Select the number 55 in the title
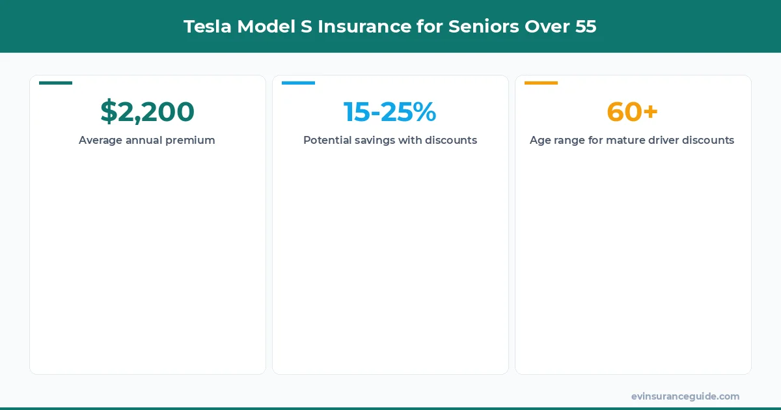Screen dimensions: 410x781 coord(585,27)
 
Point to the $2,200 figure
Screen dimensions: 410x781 coord(147,112)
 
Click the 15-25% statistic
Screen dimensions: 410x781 coord(390,112)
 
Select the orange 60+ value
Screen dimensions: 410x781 coord(632,112)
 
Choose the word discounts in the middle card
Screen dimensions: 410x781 coord(451,141)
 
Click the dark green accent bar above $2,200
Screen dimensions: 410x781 coord(55,83)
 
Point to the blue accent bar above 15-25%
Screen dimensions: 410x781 coord(298,83)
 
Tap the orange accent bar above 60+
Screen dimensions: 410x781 coord(541,83)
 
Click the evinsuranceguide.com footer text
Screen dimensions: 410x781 coord(685,396)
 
